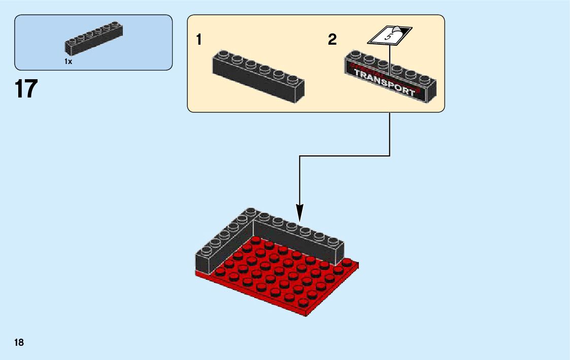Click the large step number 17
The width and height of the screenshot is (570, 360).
click(x=26, y=89)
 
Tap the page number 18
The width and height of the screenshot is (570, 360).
click(x=19, y=342)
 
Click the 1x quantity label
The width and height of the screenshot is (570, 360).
click(x=69, y=61)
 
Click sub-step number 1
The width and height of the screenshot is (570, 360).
click(x=199, y=40)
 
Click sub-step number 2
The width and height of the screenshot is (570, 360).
click(x=332, y=40)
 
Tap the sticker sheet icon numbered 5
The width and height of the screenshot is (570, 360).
click(x=389, y=36)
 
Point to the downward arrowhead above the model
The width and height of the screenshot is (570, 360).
click(x=300, y=213)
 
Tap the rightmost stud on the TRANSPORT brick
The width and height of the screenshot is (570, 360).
click(x=425, y=79)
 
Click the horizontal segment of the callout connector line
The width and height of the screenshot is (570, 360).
click(x=345, y=156)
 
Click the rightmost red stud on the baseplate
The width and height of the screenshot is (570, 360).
click(x=347, y=261)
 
